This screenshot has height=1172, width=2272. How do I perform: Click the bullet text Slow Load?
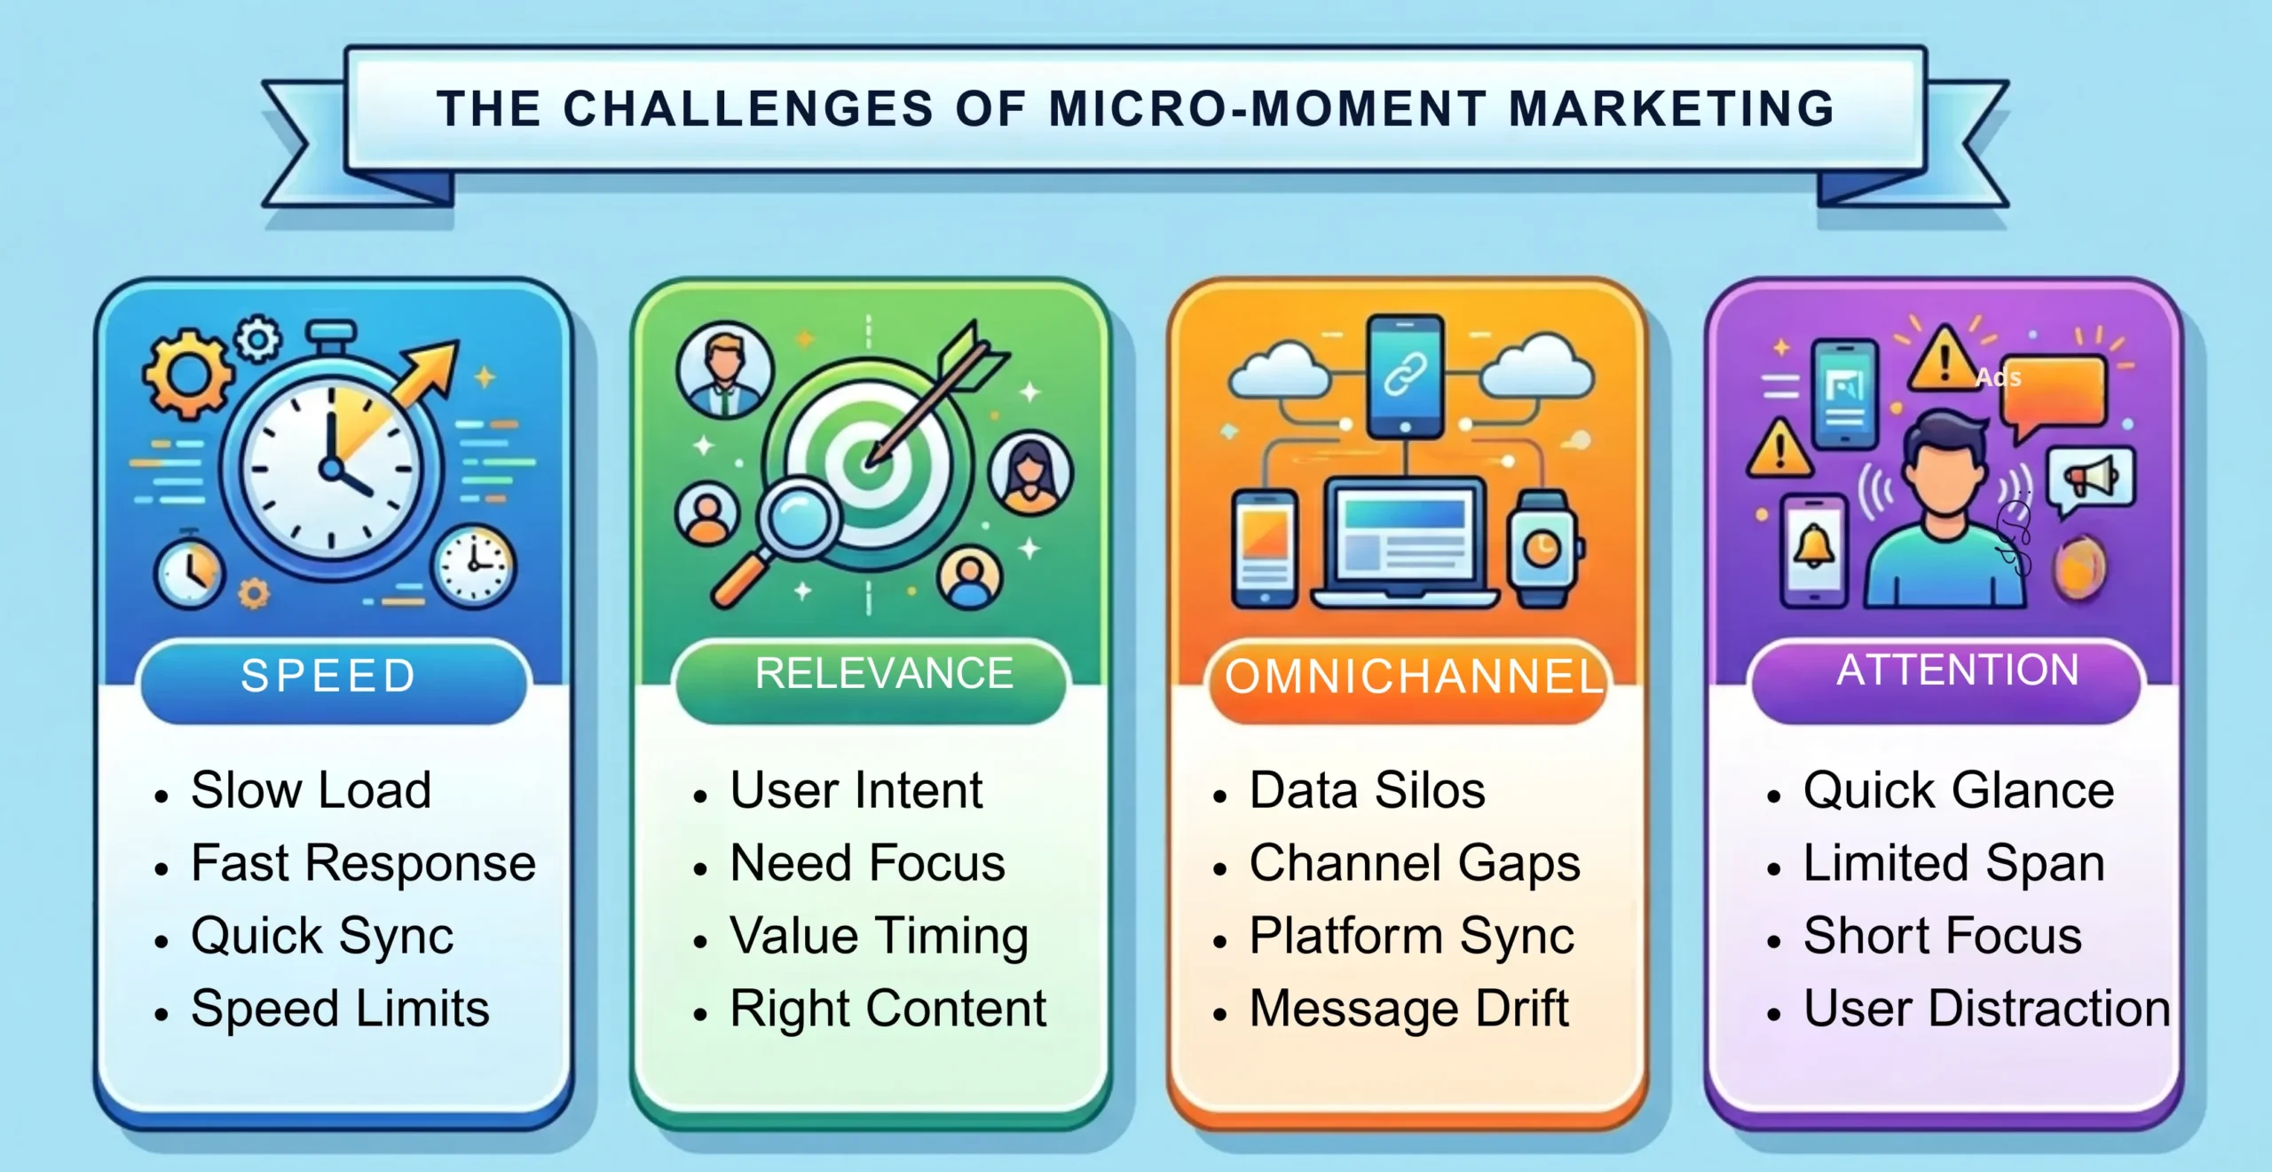tap(311, 790)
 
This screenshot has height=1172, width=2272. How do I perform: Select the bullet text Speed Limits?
tap(340, 1009)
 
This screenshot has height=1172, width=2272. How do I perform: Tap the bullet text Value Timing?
tap(879, 936)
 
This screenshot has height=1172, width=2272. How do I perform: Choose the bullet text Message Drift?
tap(1408, 1009)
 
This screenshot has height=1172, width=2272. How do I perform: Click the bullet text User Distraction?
tap(1986, 1009)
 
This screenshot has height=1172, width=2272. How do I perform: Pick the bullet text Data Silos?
tap(1367, 790)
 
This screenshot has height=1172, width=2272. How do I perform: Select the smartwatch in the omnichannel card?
tap(1543, 549)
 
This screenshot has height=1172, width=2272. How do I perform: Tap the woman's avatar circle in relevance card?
tap(1029, 472)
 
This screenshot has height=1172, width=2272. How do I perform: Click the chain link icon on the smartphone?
tap(1405, 373)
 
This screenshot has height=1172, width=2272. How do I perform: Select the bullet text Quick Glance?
tap(1958, 790)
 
